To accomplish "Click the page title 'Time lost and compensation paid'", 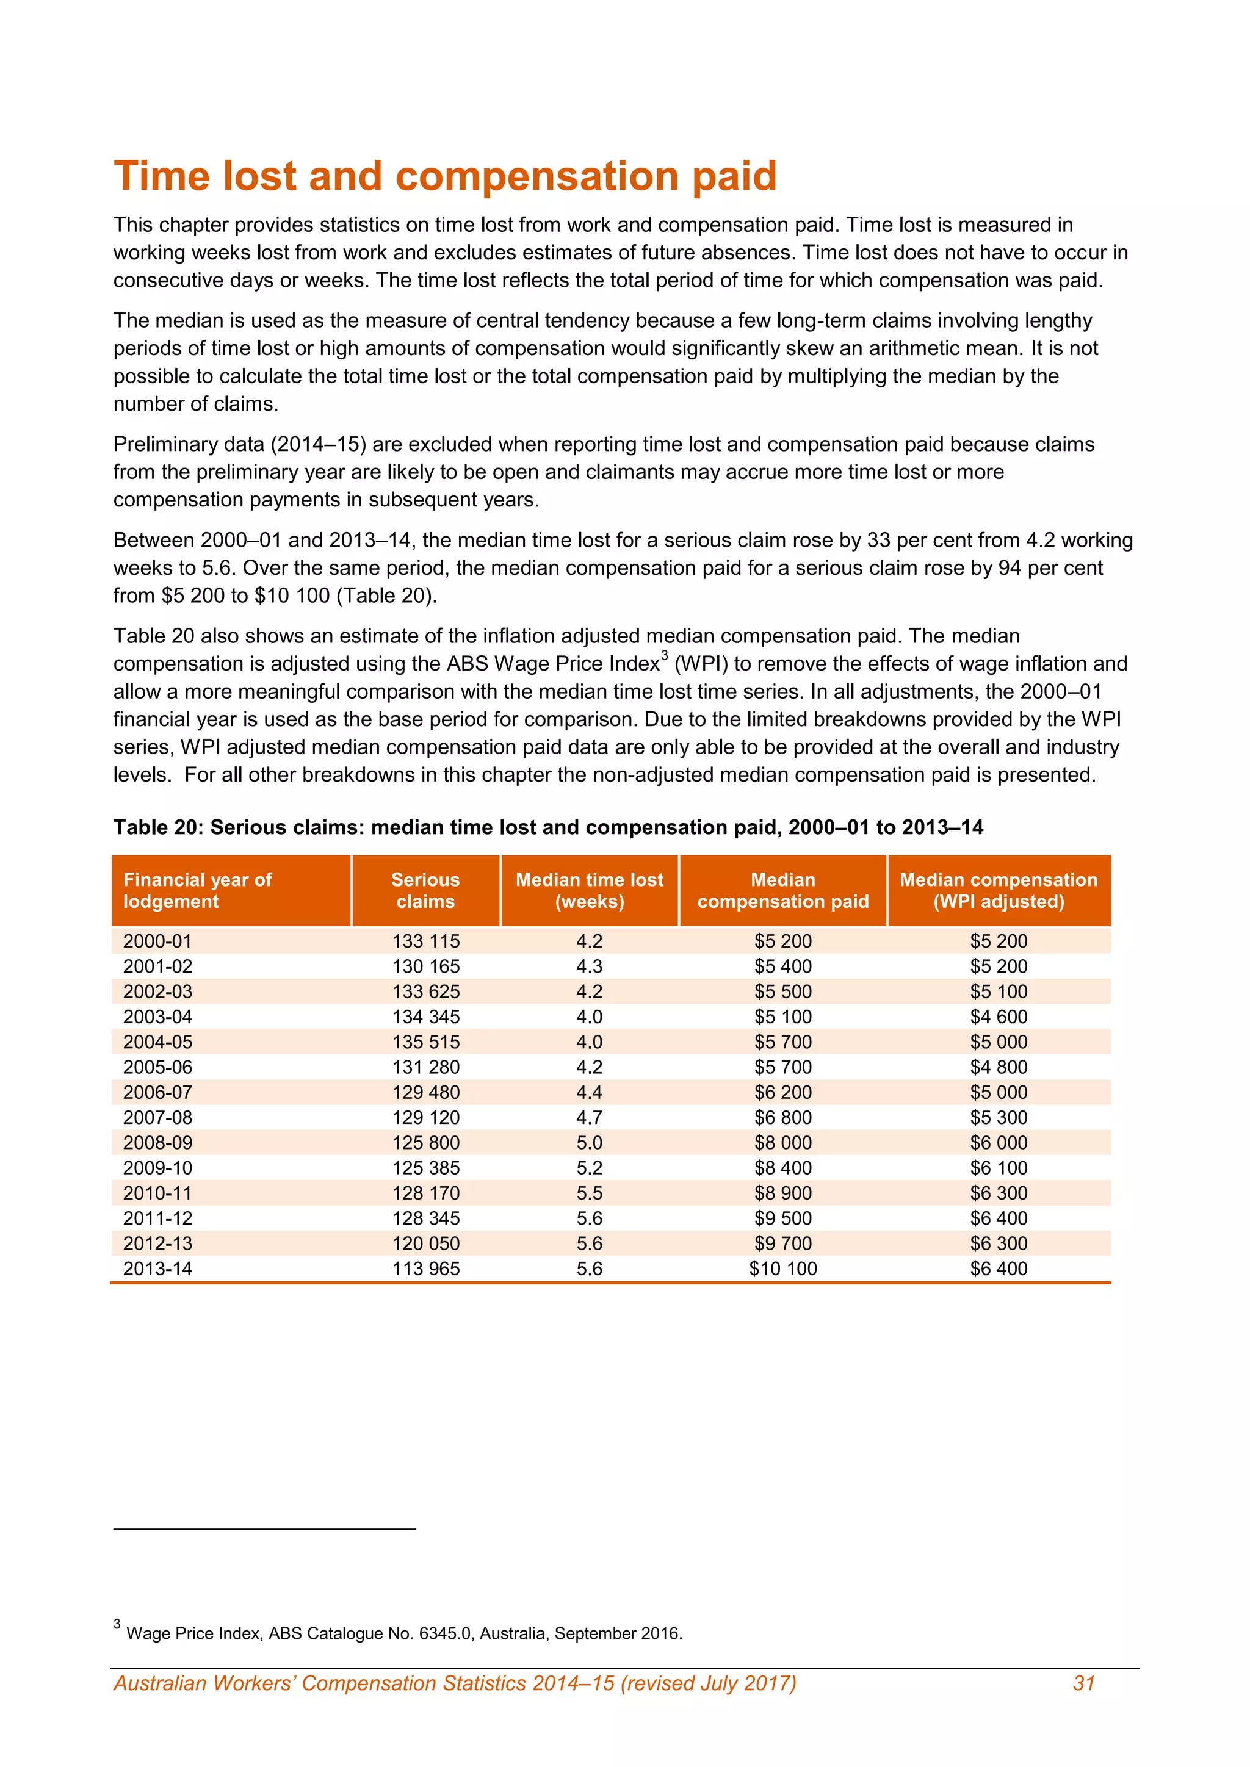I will (445, 176).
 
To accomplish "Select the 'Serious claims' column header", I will (425, 890).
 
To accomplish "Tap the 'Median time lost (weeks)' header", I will (589, 890).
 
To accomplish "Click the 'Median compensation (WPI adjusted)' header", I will (999, 890).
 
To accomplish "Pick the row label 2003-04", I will (158, 1017).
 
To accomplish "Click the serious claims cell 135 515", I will (425, 1042).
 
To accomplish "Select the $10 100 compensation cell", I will (783, 1269).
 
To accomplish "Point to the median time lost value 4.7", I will (589, 1117).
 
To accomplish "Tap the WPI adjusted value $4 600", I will (999, 1017).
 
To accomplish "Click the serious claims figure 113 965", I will (425, 1269).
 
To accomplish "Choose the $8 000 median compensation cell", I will (783, 1143).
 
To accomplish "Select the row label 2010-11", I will (158, 1193).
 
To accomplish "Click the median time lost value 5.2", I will (589, 1167).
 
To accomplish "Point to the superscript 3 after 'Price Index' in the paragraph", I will (664, 656).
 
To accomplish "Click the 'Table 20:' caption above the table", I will (159, 827).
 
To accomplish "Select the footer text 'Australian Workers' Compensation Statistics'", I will (454, 1683).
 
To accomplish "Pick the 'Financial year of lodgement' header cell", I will (197, 890).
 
